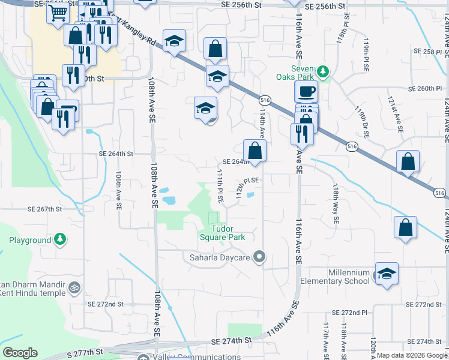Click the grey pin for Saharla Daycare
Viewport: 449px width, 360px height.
[x=259, y=257]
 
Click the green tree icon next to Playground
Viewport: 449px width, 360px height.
[x=60, y=240]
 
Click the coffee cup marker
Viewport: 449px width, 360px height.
[x=306, y=91]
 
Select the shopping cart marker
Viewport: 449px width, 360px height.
[x=57, y=11]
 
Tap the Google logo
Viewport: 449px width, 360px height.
[x=20, y=353]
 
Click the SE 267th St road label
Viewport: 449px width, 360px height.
[x=45, y=209]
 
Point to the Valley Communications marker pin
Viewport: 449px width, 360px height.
[x=143, y=358]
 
